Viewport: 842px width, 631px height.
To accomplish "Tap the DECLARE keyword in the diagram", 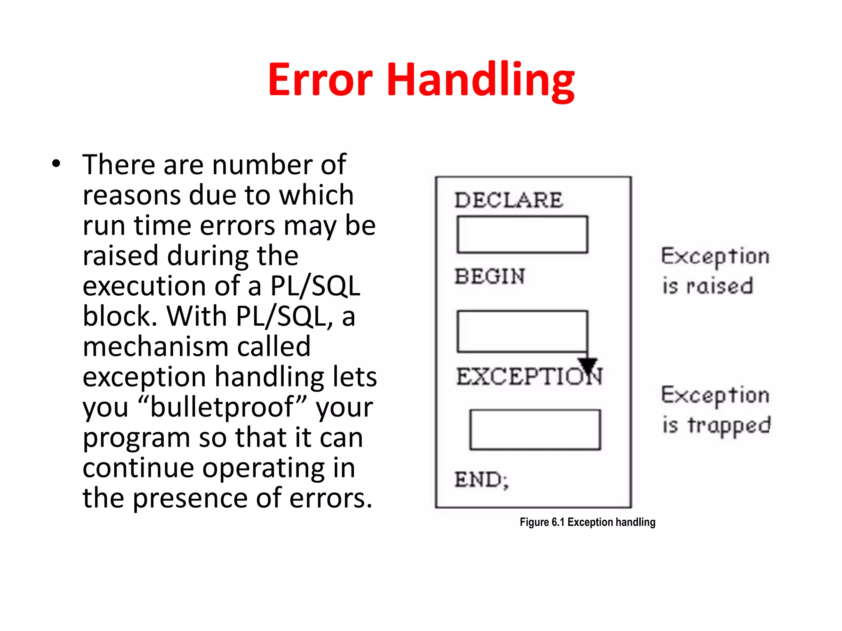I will tap(509, 200).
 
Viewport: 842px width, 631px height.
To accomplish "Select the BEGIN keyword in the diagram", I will tap(490, 276).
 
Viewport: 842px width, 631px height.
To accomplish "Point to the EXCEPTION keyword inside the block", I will tap(529, 377).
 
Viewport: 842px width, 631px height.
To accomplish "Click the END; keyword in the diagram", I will tap(481, 479).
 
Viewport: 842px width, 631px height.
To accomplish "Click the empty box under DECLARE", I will tap(522, 234).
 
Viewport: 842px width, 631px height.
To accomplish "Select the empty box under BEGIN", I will tap(522, 332).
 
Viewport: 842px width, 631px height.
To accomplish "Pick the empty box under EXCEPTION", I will tap(535, 429).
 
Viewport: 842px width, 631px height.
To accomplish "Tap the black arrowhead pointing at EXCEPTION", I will tap(588, 364).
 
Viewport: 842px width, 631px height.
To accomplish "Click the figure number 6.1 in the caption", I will tap(558, 522).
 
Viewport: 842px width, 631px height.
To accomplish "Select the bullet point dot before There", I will tap(56, 164).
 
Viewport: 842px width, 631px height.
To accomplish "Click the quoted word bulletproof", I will tap(222, 407).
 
